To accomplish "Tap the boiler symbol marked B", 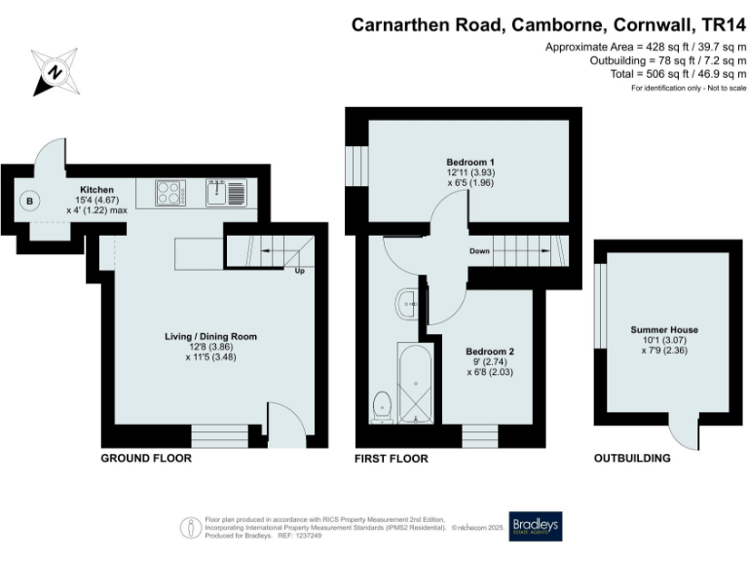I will [x=30, y=202].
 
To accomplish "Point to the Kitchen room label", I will [x=96, y=189].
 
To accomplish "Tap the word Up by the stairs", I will [x=300, y=271].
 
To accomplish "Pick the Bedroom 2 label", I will [x=490, y=351].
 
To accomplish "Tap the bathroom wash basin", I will [x=406, y=304].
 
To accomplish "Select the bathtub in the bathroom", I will [x=415, y=383].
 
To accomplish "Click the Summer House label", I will [x=664, y=330].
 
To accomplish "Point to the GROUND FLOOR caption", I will [x=146, y=458].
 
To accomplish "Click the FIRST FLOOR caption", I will [x=392, y=458].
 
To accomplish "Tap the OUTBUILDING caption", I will [x=633, y=458].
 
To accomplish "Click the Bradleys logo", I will [x=536, y=527].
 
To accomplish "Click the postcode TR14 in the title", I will [x=716, y=24].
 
